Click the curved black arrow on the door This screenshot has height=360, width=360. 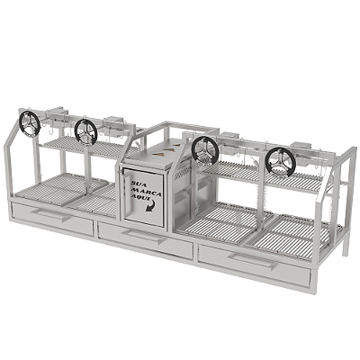[x=151, y=206]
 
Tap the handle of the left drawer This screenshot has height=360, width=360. [x=51, y=214]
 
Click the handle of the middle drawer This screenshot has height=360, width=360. [x=145, y=236]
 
